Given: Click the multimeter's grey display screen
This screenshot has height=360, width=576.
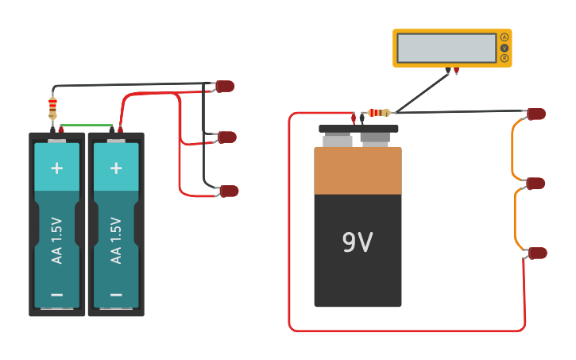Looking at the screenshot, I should click(446, 48).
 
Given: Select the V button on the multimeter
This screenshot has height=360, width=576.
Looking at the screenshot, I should click(504, 48).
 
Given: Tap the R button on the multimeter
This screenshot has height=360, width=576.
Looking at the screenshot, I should click(504, 58).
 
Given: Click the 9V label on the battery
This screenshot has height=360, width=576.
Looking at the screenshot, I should click(358, 242).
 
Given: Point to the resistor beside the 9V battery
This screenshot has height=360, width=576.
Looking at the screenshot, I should click(379, 113).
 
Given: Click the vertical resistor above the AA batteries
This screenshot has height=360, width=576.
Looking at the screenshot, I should click(53, 106).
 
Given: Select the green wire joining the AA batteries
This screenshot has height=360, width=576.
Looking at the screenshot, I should click(86, 125).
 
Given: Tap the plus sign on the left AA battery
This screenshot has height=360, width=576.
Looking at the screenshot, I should click(56, 168).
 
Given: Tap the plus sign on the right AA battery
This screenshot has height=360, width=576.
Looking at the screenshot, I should click(116, 168).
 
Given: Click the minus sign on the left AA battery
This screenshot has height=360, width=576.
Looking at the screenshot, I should click(56, 294).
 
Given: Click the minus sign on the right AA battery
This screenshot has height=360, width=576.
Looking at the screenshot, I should click(116, 294).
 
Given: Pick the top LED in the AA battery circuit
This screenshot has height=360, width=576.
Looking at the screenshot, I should click(226, 86).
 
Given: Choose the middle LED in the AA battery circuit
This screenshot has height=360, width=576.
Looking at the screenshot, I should click(227, 137).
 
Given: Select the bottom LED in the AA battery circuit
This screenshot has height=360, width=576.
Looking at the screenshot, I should click(229, 191).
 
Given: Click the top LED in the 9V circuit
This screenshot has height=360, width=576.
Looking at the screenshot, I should click(537, 114).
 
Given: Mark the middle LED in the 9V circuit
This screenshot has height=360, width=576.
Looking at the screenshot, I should click(536, 183).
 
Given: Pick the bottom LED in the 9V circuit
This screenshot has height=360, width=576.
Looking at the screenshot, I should click(538, 253).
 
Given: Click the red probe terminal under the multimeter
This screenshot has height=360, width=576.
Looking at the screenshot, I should click(457, 72).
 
